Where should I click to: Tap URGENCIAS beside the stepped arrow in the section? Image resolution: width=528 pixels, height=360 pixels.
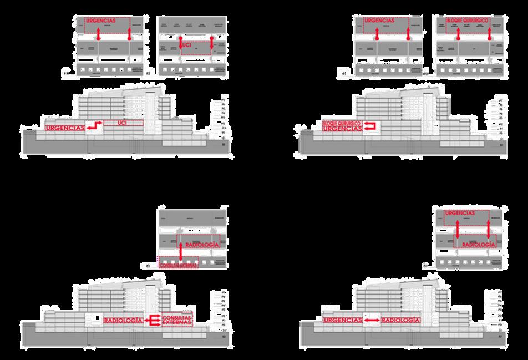(64, 128)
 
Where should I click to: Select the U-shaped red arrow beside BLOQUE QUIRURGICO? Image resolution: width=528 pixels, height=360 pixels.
(369, 125)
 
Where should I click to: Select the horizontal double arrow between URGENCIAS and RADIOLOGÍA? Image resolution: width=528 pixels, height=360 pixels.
(371, 320)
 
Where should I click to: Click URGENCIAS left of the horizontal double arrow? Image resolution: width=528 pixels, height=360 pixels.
(342, 320)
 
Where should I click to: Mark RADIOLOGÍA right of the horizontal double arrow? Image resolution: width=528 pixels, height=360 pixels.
(400, 320)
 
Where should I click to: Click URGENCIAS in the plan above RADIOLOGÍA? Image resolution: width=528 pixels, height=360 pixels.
(460, 213)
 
